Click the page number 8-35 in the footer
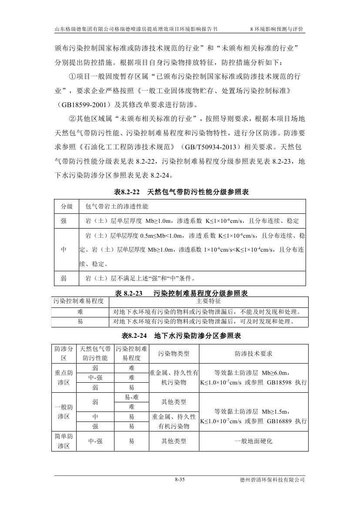(180, 480)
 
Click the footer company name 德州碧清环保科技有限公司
(272, 480)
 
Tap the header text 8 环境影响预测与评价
(277, 29)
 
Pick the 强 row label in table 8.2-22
(64, 221)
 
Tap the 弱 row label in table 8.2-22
(64, 278)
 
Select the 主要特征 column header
(209, 301)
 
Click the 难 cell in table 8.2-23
(80, 312)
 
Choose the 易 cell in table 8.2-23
(80, 322)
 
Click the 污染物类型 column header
(174, 354)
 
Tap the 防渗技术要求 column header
(253, 354)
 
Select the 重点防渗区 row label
(64, 378)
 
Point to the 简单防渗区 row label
(64, 441)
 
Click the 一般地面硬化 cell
(253, 441)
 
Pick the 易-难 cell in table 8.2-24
(131, 396)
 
